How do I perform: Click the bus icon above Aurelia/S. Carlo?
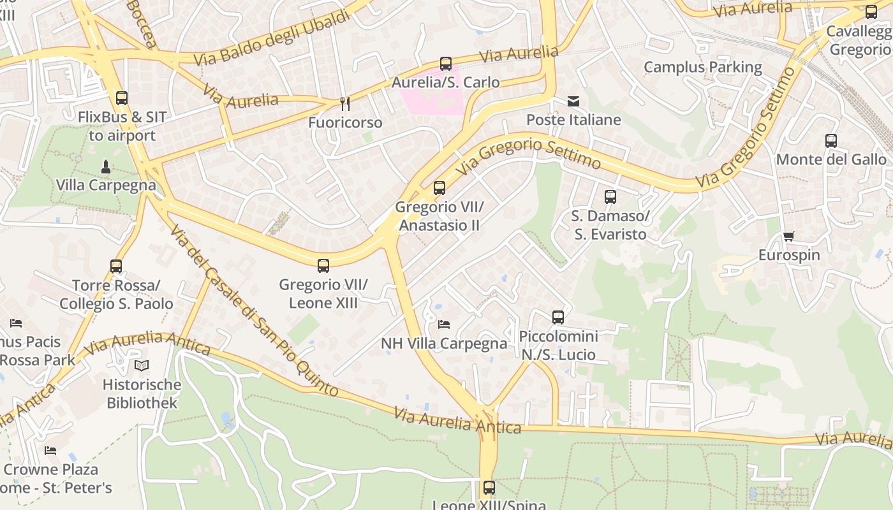pyautogui.click(x=446, y=64)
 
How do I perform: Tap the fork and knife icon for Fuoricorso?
pyautogui.click(x=345, y=103)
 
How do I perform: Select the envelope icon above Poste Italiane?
pyautogui.click(x=573, y=101)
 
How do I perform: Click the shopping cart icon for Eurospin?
pyautogui.click(x=789, y=237)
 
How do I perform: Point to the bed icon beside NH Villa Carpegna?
pyautogui.click(x=444, y=324)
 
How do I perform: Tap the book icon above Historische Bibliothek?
pyautogui.click(x=142, y=365)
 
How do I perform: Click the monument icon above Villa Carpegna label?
pyautogui.click(x=106, y=167)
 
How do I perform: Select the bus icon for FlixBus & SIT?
pyautogui.click(x=122, y=98)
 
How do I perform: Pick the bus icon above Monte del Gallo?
pyautogui.click(x=830, y=141)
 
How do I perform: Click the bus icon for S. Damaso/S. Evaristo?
pyautogui.click(x=610, y=197)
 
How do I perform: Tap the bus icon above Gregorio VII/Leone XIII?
pyautogui.click(x=323, y=266)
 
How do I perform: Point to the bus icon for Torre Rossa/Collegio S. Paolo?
pyautogui.click(x=115, y=266)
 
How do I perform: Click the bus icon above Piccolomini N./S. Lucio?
pyautogui.click(x=558, y=317)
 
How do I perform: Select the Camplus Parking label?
pyautogui.click(x=702, y=67)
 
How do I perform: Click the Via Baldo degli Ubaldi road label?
pyautogui.click(x=273, y=38)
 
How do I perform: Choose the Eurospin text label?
pyautogui.click(x=789, y=255)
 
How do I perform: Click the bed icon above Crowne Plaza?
pyautogui.click(x=50, y=451)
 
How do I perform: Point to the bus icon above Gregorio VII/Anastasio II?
pyautogui.click(x=439, y=188)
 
